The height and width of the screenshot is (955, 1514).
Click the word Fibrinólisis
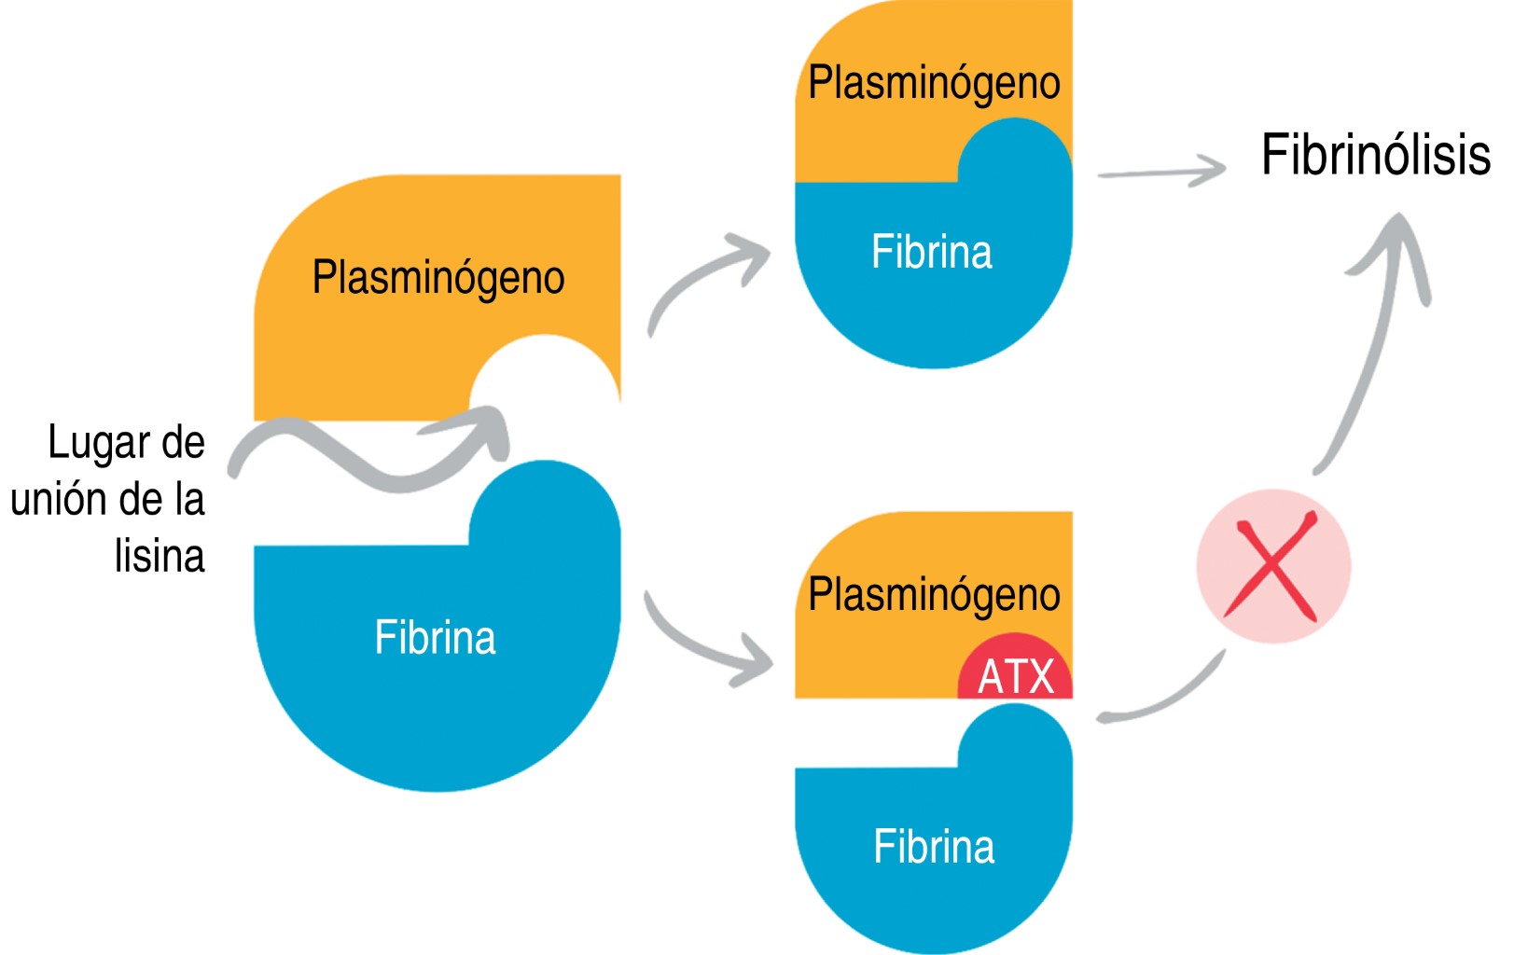pos(1375,155)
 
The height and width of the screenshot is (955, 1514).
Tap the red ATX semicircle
pos(1015,673)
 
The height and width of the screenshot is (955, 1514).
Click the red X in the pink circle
pos(1271,566)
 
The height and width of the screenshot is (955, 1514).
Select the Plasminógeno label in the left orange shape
pos(438,278)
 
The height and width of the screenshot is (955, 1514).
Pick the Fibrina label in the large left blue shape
pos(435,638)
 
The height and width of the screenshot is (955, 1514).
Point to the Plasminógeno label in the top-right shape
pos(934,83)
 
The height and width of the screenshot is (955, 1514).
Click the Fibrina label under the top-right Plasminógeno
pos(931,252)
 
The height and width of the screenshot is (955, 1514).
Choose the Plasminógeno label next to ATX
pos(934,595)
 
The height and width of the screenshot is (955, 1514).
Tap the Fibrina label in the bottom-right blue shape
pos(934,847)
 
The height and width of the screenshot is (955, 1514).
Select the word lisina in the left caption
pos(160,556)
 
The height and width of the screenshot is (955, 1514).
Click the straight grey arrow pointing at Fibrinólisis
pos(1161,173)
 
